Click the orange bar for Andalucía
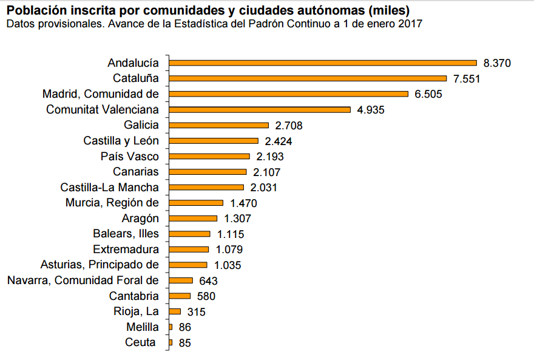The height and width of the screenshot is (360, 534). (x=323, y=63)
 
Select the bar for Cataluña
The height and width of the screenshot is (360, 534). (x=308, y=78)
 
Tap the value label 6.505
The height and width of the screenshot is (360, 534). (x=428, y=94)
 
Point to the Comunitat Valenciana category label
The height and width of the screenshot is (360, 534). (x=103, y=110)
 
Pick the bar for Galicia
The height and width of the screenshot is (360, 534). (x=219, y=125)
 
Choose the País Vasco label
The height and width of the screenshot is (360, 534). (x=129, y=157)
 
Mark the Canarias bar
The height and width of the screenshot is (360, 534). (x=208, y=172)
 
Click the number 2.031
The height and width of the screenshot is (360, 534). (x=263, y=188)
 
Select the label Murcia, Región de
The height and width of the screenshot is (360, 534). (x=112, y=203)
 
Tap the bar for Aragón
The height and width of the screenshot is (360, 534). (x=194, y=219)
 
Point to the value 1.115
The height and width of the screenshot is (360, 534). (x=231, y=234)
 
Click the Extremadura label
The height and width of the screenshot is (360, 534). (x=126, y=250)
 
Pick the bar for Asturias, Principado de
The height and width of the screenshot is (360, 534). (x=189, y=265)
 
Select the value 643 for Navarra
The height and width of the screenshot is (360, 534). (x=208, y=281)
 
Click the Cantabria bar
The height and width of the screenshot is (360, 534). (x=180, y=296)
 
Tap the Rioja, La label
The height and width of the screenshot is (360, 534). (x=136, y=312)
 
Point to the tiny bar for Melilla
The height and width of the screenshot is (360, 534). (x=171, y=327)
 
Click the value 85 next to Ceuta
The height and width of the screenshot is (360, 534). (x=185, y=343)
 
